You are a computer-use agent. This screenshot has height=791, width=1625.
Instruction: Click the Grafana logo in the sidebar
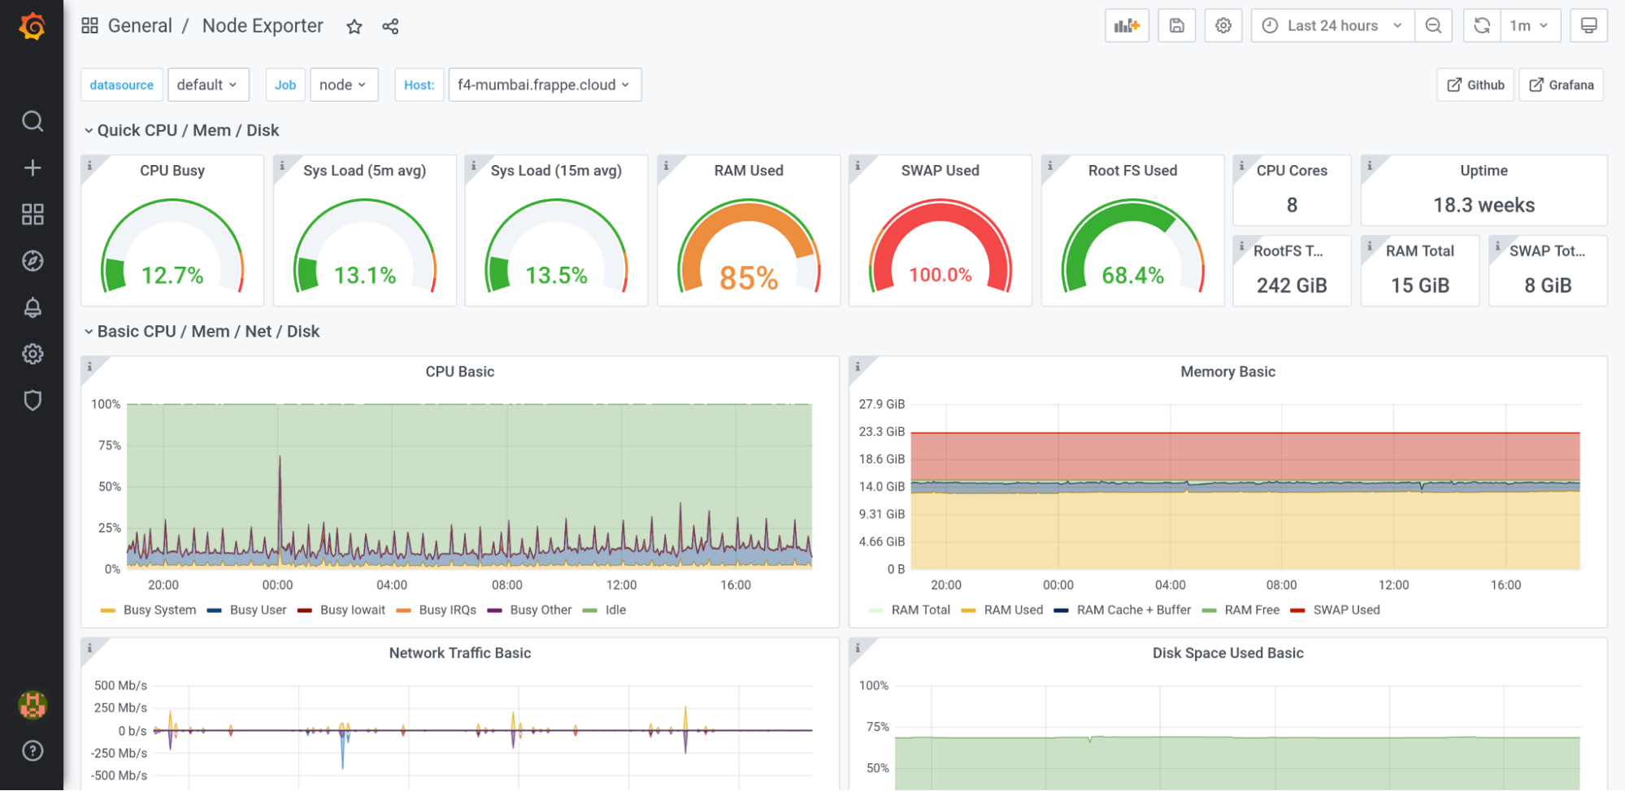pos(32,26)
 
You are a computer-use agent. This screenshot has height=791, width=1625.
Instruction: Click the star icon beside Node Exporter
pos(354,27)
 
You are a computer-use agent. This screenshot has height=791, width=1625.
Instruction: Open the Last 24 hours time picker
pos(1332,26)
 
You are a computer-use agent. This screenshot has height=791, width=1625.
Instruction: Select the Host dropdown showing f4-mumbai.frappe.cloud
pos(544,85)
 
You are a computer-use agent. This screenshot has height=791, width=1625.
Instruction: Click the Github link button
pos(1475,85)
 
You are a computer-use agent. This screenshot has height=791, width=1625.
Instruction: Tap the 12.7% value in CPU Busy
pos(172,276)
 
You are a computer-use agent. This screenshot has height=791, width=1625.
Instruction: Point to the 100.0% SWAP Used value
pos(940,275)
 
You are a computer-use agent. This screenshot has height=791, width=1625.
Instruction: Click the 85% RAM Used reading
pos(749,278)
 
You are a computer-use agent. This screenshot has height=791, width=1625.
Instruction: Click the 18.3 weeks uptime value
pos(1484,205)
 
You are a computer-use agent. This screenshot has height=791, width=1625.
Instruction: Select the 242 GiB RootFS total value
pos(1292,285)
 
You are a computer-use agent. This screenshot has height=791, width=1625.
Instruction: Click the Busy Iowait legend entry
pos(352,610)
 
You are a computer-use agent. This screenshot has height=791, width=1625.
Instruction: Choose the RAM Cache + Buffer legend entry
pos(1133,610)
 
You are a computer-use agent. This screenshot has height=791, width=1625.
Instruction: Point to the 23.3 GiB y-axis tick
pos(881,432)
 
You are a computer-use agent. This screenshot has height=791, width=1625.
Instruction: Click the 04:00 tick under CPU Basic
pos(392,585)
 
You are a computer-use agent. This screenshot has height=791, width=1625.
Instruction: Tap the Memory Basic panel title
pos(1227,372)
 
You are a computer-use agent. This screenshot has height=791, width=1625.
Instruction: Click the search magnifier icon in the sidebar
pos(33,121)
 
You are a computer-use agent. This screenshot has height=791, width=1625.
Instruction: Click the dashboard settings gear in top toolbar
pos(1223,26)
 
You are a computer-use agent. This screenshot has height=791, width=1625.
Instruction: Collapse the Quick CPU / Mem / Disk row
pos(89,130)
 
